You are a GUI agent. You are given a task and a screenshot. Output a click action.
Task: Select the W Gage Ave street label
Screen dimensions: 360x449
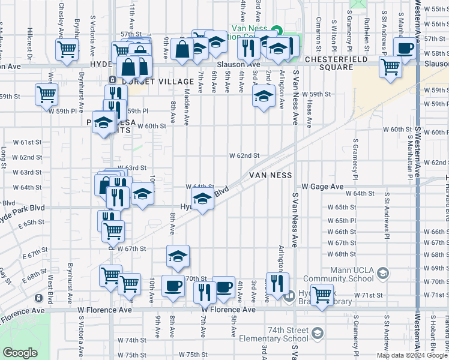click(322, 187)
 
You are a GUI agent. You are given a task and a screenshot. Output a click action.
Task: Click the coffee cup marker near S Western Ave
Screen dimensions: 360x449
click(405, 48)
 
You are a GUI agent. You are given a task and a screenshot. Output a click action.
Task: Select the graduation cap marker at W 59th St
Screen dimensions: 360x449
click(263, 97)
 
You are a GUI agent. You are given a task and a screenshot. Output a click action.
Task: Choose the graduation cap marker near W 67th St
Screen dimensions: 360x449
click(178, 256)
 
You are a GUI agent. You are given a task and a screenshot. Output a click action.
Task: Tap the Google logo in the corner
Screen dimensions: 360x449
click(20, 352)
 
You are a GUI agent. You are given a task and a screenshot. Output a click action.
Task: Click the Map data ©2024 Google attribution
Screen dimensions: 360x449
click(411, 355)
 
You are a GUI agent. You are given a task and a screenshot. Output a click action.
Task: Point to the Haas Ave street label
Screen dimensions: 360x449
click(309, 113)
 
